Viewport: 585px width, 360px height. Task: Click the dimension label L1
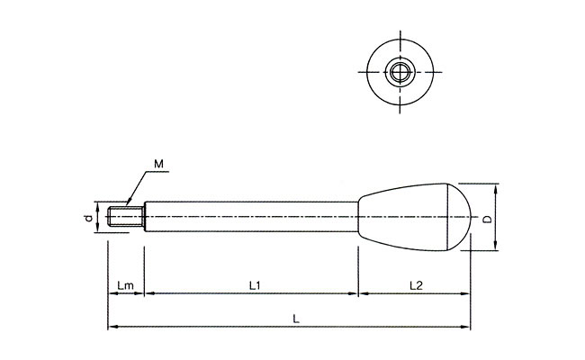pyautogui.click(x=254, y=285)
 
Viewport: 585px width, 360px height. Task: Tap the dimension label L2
pyautogui.click(x=416, y=285)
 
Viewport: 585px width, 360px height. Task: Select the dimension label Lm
pyautogui.click(x=125, y=285)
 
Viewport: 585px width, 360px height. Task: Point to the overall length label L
pyautogui.click(x=298, y=318)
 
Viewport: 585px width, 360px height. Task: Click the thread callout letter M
pyautogui.click(x=158, y=164)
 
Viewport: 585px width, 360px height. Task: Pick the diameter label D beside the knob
pyautogui.click(x=487, y=219)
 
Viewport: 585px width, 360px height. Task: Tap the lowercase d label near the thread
pyautogui.click(x=86, y=219)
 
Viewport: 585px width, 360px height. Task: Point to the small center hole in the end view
pyautogui.click(x=400, y=71)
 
